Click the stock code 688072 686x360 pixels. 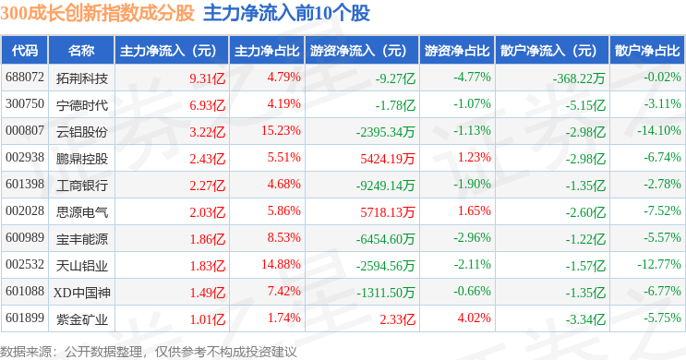point(25,77)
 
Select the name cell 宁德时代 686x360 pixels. point(82,105)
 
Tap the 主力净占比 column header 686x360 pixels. point(267,50)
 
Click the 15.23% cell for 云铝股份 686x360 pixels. point(281,130)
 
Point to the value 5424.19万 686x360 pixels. point(387,159)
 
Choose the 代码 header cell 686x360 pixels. point(25,50)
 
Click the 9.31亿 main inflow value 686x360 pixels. point(208,78)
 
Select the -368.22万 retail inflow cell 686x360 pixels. point(579,78)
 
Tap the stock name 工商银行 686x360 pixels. point(82,185)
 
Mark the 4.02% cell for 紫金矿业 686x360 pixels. point(475,318)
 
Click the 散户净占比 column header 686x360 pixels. point(647,50)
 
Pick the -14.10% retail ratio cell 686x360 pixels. point(659,130)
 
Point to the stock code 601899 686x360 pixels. point(25,318)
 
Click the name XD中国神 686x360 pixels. point(82,293)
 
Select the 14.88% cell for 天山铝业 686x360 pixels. point(281,264)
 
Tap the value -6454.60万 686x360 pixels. point(385,239)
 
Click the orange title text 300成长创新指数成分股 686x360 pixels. point(97,13)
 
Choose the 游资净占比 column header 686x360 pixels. point(457,50)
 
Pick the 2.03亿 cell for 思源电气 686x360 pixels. point(208,212)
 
